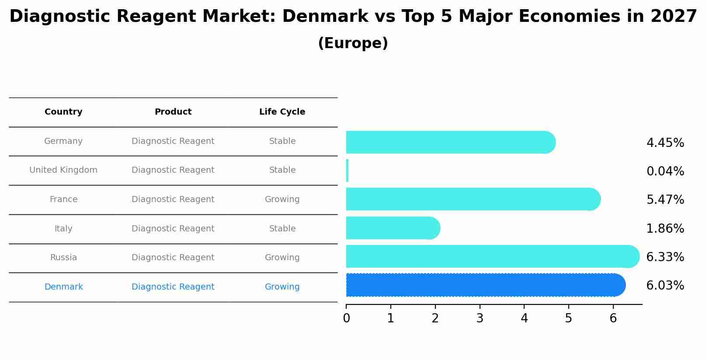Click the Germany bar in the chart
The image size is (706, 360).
click(x=450, y=142)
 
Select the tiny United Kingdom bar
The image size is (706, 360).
click(x=347, y=171)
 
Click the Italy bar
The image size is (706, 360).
click(x=393, y=228)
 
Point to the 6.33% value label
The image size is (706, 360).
click(x=665, y=257)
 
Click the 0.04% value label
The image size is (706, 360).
click(x=665, y=171)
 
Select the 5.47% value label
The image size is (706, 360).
click(x=665, y=200)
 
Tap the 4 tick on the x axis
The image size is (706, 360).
click(x=524, y=318)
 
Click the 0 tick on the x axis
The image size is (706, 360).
click(x=346, y=318)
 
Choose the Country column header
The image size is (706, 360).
click(x=63, y=112)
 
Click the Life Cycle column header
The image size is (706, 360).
click(x=282, y=112)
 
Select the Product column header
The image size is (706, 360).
click(x=173, y=112)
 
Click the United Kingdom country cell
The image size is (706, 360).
click(x=63, y=170)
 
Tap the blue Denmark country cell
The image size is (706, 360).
click(x=63, y=287)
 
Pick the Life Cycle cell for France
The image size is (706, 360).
click(x=282, y=199)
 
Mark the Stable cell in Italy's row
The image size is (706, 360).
click(x=282, y=229)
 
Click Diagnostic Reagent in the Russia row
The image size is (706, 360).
click(x=173, y=258)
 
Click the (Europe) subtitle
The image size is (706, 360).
click(x=353, y=43)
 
